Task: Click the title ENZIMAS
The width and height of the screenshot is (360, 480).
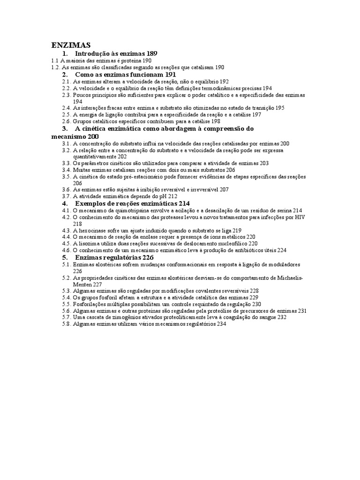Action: [x=70, y=45]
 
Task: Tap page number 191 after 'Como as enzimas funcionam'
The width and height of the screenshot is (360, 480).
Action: [x=170, y=75]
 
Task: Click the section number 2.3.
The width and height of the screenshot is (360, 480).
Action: [x=66, y=95]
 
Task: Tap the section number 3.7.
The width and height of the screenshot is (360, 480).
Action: [x=66, y=196]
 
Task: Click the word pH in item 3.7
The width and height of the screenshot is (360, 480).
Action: [x=158, y=196]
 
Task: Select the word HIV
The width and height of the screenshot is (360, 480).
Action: [x=300, y=217]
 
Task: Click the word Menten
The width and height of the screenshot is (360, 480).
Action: [x=82, y=284]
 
